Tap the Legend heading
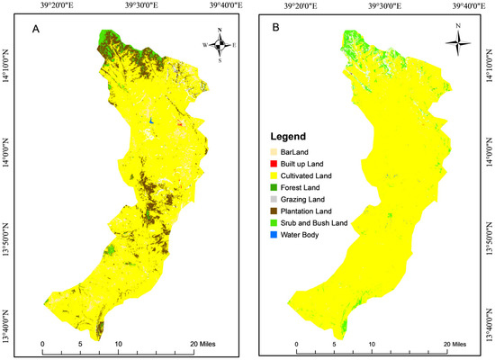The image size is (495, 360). [289, 130]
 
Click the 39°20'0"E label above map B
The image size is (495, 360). [301, 5]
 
